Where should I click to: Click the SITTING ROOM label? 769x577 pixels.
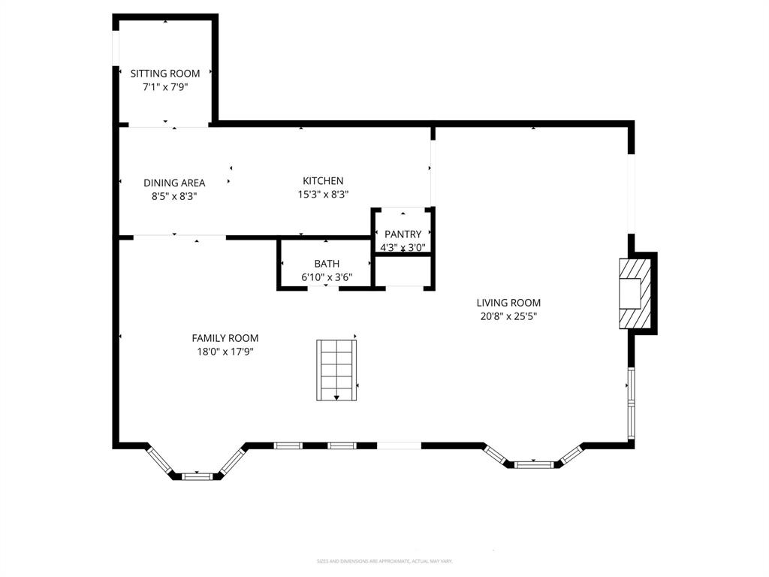165,74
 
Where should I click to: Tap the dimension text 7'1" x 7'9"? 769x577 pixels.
165,87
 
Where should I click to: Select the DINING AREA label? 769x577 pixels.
174,183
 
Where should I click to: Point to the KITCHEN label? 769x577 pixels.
323,181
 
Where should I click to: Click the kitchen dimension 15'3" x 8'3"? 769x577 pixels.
323,194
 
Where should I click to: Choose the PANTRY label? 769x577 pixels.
403,234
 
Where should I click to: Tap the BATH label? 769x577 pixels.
327,264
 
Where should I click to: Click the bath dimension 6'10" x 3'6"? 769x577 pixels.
327,277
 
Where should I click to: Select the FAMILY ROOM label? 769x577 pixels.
225,338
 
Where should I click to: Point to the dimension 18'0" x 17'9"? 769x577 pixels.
225,352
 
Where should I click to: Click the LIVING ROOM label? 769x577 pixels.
508,303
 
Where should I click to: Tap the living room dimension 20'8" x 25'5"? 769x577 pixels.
508,316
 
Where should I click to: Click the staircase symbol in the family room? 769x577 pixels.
336,369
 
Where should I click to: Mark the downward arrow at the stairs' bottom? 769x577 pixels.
336,396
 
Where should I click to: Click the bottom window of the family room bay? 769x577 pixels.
198,476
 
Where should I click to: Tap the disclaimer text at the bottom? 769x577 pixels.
384,561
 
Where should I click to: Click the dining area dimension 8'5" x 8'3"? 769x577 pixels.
174,196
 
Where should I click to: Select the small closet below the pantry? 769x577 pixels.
403,271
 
